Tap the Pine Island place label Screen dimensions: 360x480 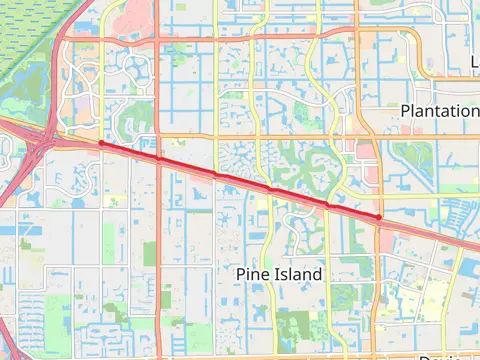coord(279,273)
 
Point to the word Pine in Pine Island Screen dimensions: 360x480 coord(252,273)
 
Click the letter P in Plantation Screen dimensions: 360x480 coord(405,110)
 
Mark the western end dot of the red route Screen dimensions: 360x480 coord(101,144)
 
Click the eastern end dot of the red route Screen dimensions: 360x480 coord(379,216)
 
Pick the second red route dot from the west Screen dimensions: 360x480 coord(158,158)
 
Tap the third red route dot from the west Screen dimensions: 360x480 coord(214,173)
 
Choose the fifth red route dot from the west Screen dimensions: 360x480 coord(326,203)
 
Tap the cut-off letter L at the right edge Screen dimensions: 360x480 coord(475,64)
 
